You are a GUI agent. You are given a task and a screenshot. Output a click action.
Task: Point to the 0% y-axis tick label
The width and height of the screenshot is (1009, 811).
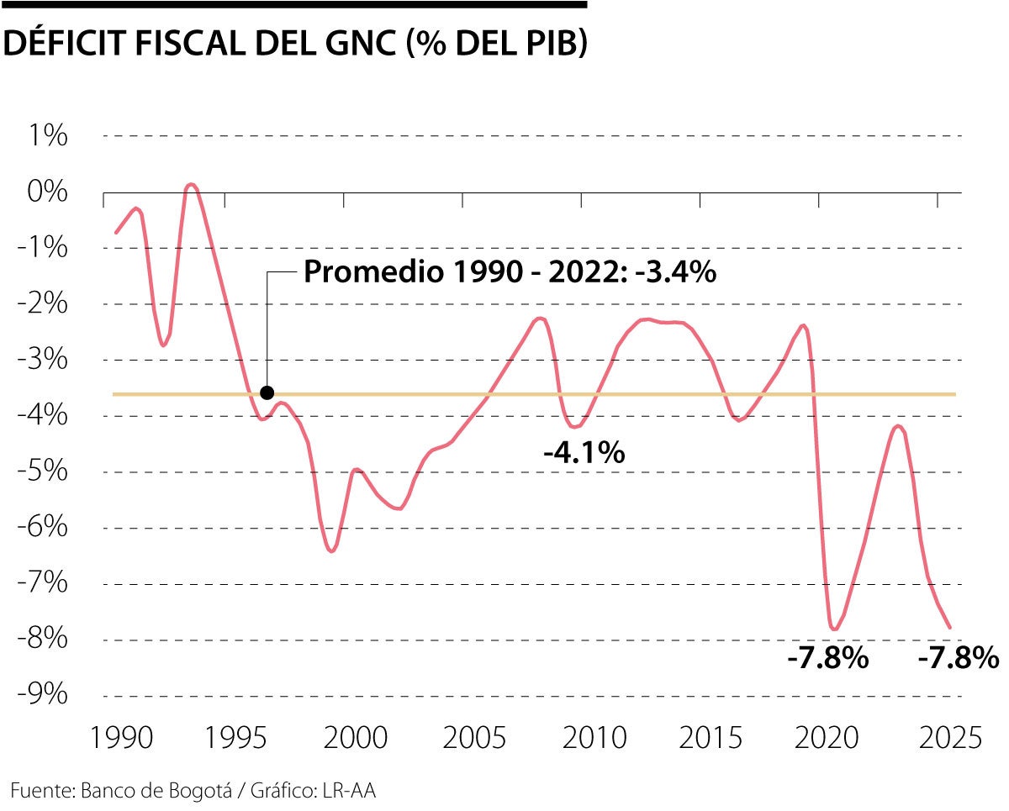coord(44,192)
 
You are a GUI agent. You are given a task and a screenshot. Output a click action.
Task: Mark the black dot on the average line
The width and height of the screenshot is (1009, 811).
coord(267,392)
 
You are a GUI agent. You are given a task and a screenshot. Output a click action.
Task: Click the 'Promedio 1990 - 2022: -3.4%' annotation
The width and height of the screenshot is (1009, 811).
coord(509,272)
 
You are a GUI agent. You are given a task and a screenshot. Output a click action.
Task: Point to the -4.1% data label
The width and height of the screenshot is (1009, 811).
coord(584,453)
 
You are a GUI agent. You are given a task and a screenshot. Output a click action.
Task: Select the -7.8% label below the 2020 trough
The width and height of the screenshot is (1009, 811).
coord(827,658)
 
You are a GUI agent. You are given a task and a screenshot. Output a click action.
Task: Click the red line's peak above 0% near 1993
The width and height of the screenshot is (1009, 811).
coord(191,184)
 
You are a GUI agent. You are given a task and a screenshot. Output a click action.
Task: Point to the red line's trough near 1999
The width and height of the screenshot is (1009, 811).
coord(331,551)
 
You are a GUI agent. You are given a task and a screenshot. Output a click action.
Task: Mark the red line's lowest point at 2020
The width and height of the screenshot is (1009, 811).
coord(834,629)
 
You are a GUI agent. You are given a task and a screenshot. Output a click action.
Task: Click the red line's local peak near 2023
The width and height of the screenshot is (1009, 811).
coord(898,426)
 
